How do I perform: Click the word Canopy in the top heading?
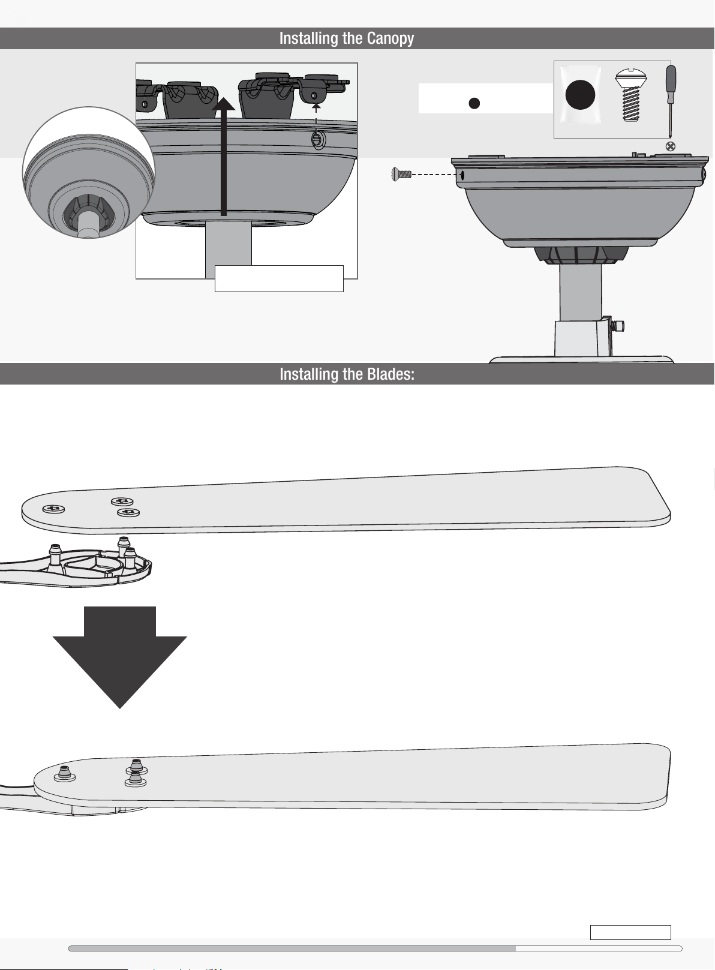pyautogui.click(x=390, y=39)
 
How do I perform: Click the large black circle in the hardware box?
pyautogui.click(x=580, y=95)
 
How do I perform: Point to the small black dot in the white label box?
pyautogui.click(x=474, y=103)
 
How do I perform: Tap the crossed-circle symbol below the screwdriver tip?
pyautogui.click(x=671, y=146)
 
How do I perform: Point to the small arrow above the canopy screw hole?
pyautogui.click(x=316, y=109)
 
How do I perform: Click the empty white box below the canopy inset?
pyautogui.click(x=279, y=278)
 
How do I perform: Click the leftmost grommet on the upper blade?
pyautogui.click(x=54, y=509)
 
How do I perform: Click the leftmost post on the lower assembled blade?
pyautogui.click(x=65, y=773)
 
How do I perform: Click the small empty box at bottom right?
pyautogui.click(x=630, y=932)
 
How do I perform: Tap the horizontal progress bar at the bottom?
pyautogui.click(x=375, y=949)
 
